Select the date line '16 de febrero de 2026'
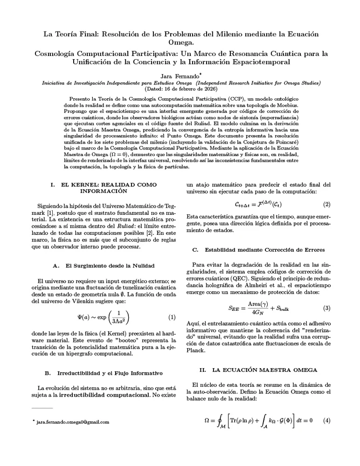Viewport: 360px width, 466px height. [180, 88]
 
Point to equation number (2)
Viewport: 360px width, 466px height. [326, 204]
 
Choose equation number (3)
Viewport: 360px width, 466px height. [326, 308]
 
